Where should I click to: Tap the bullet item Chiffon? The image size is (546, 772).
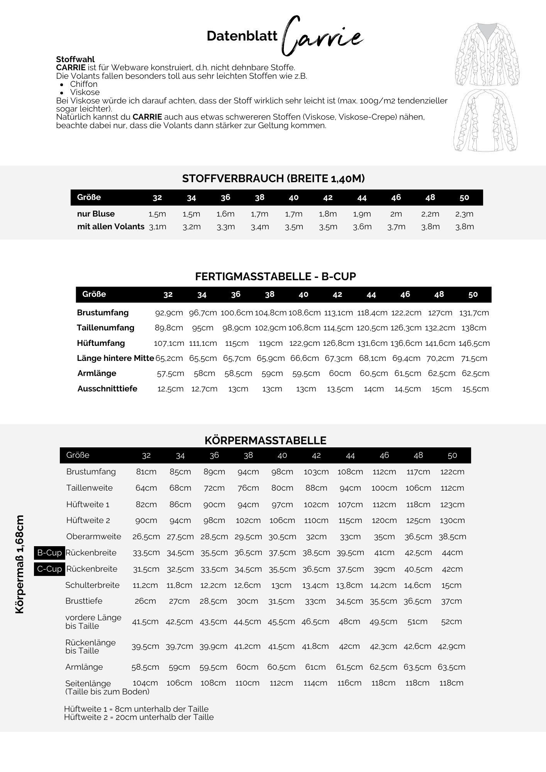click(x=84, y=84)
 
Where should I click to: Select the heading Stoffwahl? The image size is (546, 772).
click(x=75, y=59)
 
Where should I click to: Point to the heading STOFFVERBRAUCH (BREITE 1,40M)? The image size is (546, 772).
click(x=273, y=178)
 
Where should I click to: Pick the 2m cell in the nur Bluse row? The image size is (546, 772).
click(x=396, y=214)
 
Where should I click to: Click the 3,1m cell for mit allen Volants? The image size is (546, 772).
click(x=158, y=227)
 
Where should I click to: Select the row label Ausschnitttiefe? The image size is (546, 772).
click(x=107, y=389)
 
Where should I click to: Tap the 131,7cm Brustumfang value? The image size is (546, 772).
click(x=474, y=313)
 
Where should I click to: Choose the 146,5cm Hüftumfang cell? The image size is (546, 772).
click(x=474, y=343)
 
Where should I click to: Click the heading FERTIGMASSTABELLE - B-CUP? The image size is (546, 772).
click(x=275, y=276)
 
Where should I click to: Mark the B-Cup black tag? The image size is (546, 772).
click(x=49, y=553)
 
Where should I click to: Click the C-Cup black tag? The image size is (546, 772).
click(x=49, y=569)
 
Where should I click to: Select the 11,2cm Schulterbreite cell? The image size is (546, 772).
click(x=145, y=585)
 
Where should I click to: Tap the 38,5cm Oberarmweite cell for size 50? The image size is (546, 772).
click(x=452, y=537)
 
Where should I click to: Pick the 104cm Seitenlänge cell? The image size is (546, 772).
click(x=146, y=683)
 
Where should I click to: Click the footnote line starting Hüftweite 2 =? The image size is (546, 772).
click(x=139, y=717)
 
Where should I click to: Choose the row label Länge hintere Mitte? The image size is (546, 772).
click(x=115, y=358)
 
